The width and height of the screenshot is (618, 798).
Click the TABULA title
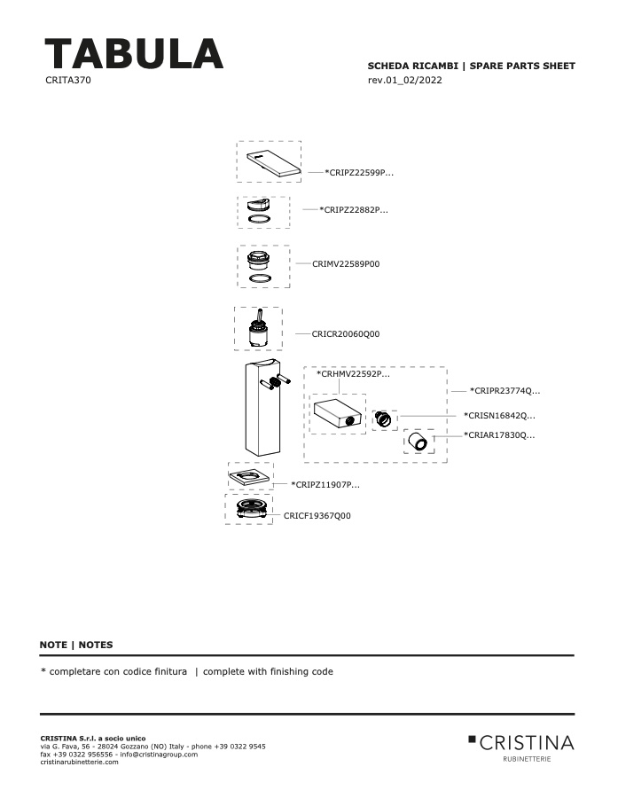[x=134, y=53]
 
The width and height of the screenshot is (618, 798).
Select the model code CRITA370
[x=68, y=80]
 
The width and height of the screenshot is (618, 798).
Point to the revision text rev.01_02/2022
[x=404, y=80]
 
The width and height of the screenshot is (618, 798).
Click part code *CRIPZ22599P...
[x=359, y=173]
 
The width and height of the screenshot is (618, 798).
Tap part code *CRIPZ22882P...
[x=354, y=209]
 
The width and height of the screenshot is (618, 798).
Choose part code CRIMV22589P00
[x=346, y=263]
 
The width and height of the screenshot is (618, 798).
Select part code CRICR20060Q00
[x=346, y=334]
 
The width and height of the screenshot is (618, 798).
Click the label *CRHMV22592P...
[x=353, y=374]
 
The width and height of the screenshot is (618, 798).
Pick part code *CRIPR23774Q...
[x=505, y=391]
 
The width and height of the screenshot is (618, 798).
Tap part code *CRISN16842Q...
[x=499, y=415]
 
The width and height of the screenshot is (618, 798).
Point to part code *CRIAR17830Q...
[x=499, y=435]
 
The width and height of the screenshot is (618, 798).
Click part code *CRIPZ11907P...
[x=325, y=484]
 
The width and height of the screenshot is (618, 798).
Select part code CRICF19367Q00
[x=317, y=515]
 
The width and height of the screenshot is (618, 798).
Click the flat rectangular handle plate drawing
[x=273, y=163]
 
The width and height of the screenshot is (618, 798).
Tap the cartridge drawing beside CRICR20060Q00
[x=259, y=328]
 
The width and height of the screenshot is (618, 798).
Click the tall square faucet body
[x=262, y=407]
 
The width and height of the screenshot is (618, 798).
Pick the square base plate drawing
[x=249, y=477]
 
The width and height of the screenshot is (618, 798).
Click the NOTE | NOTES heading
[x=76, y=645]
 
